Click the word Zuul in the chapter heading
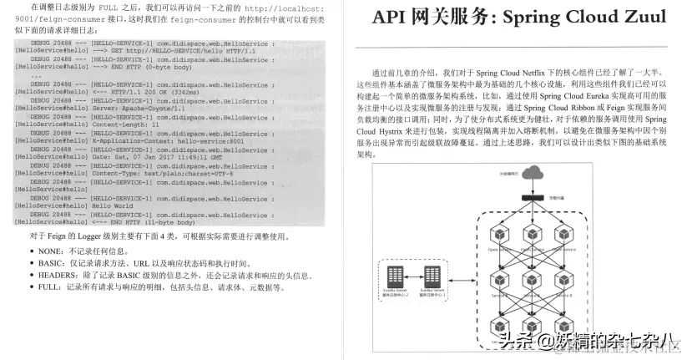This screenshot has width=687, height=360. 639,18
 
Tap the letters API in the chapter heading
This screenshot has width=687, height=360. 391,18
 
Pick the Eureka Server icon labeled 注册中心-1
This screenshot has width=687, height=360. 432,275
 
